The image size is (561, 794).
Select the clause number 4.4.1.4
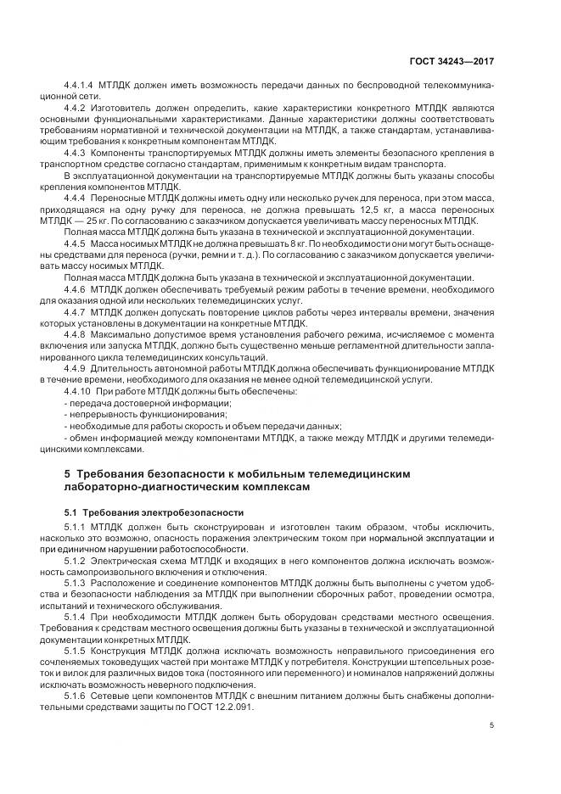pyautogui.click(x=79, y=87)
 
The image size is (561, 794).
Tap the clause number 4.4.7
pyautogui.click(x=76, y=312)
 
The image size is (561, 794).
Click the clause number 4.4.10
pyautogui.click(x=78, y=391)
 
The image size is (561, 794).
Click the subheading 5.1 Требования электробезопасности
pyautogui.click(x=154, y=513)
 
